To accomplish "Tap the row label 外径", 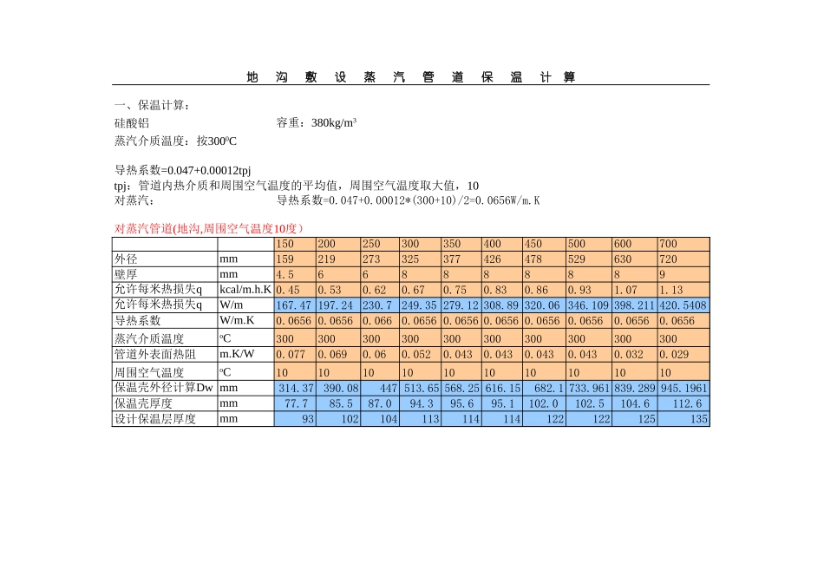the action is [x=127, y=259].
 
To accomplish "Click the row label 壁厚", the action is [x=127, y=274].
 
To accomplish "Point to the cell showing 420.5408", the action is [x=683, y=305].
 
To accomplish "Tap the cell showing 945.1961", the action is [x=683, y=388].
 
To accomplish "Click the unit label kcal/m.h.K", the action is [x=245, y=290].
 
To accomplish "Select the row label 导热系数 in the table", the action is [x=138, y=320].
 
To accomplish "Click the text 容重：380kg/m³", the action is [x=317, y=123].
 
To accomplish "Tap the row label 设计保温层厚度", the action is [x=155, y=419].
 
